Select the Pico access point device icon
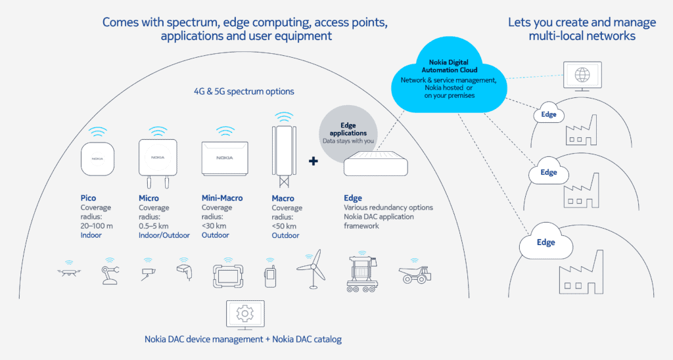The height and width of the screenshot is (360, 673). (x=97, y=159)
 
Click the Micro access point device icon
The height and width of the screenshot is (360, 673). (x=158, y=158)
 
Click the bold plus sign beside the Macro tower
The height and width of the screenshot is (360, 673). (x=313, y=161)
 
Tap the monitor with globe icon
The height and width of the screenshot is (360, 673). (x=582, y=75)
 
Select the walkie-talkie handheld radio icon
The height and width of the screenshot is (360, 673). (x=269, y=276)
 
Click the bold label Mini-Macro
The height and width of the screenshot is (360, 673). (x=224, y=198)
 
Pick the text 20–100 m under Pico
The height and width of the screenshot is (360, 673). (x=95, y=226)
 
